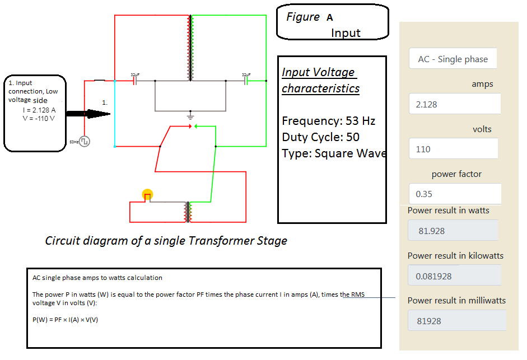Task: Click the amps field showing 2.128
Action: (x=454, y=104)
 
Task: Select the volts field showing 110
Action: (x=453, y=149)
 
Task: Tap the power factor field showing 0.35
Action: (x=454, y=194)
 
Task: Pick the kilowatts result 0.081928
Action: (x=454, y=276)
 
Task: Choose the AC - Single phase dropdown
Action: (x=453, y=59)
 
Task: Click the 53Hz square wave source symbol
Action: (x=85, y=142)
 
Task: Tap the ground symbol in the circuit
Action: (x=190, y=117)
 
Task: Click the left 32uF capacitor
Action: (x=135, y=81)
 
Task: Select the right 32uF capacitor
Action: (x=246, y=81)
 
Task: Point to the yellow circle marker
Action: (x=147, y=195)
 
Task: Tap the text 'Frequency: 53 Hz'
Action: (x=328, y=121)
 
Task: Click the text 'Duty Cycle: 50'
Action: (x=320, y=137)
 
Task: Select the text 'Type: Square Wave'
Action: (x=334, y=153)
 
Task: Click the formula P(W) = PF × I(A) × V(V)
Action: (x=66, y=320)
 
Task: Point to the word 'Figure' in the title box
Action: (x=303, y=17)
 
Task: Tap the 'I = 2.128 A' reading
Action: (x=39, y=110)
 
